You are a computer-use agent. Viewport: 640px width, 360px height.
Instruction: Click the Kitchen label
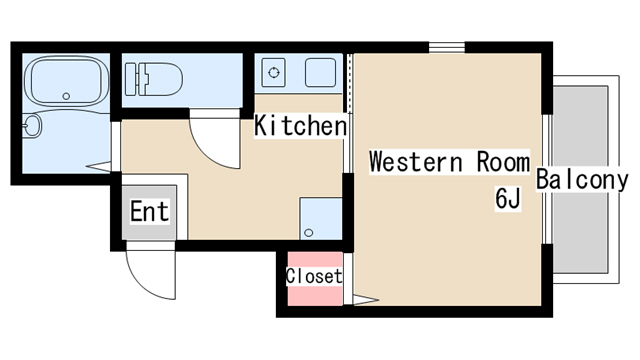pyautogui.click(x=300, y=125)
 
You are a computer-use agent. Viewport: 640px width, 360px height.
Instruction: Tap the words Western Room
pyautogui.click(x=449, y=162)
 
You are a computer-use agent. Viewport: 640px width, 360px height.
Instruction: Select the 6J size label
pyautogui.click(x=508, y=198)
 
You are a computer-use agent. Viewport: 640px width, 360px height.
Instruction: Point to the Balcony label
pyautogui.click(x=582, y=179)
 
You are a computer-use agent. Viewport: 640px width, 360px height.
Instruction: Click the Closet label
pyautogui.click(x=314, y=276)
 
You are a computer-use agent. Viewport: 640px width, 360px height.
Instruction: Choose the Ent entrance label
pyautogui.click(x=149, y=211)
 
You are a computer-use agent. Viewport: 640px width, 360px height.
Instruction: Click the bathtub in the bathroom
pyautogui.click(x=67, y=81)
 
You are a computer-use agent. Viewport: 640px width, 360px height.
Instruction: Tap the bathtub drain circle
pyautogui.click(x=66, y=96)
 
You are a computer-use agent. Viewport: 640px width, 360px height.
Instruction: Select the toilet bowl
pyautogui.click(x=160, y=79)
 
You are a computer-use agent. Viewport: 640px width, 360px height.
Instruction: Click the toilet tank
pyautogui.click(x=130, y=79)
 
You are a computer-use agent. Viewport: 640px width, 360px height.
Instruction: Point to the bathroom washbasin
pyautogui.click(x=32, y=125)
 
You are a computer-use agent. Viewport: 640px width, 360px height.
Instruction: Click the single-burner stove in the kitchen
pyautogui.click(x=273, y=73)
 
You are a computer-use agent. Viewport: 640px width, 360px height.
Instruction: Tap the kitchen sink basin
pyautogui.click(x=321, y=73)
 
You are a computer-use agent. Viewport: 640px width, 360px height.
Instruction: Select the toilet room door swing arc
pyautogui.click(x=207, y=154)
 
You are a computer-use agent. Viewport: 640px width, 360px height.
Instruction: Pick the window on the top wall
pyautogui.click(x=447, y=47)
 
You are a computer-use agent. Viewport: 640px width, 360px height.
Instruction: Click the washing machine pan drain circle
pyautogui.click(x=309, y=233)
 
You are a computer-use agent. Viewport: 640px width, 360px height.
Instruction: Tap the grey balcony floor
pyautogui.click(x=580, y=180)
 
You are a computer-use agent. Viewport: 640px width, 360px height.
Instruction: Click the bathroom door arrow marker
pyautogui.click(x=98, y=167)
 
